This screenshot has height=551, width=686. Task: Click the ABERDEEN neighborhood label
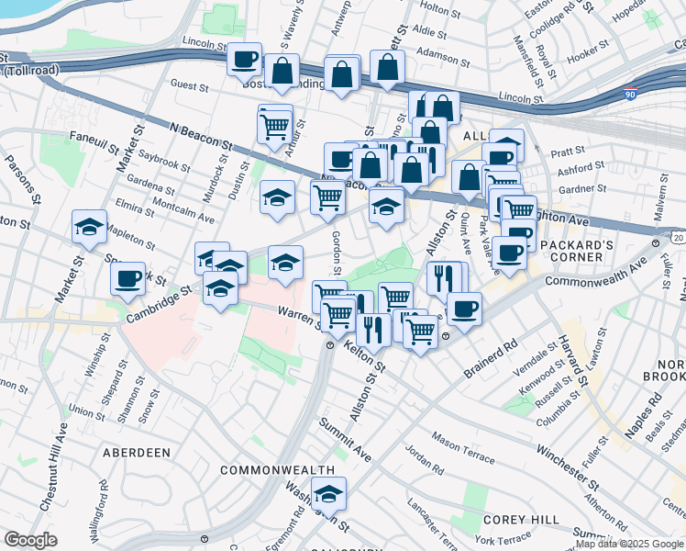pos(137,453)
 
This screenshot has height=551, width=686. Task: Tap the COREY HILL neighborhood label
pos(520,520)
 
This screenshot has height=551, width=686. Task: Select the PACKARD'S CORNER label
pos(584,257)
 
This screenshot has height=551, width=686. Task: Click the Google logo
pos(30,540)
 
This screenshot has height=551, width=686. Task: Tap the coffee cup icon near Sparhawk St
pos(127,277)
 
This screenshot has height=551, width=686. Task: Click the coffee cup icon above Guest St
pos(245,60)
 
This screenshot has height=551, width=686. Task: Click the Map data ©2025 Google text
pos(629,544)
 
